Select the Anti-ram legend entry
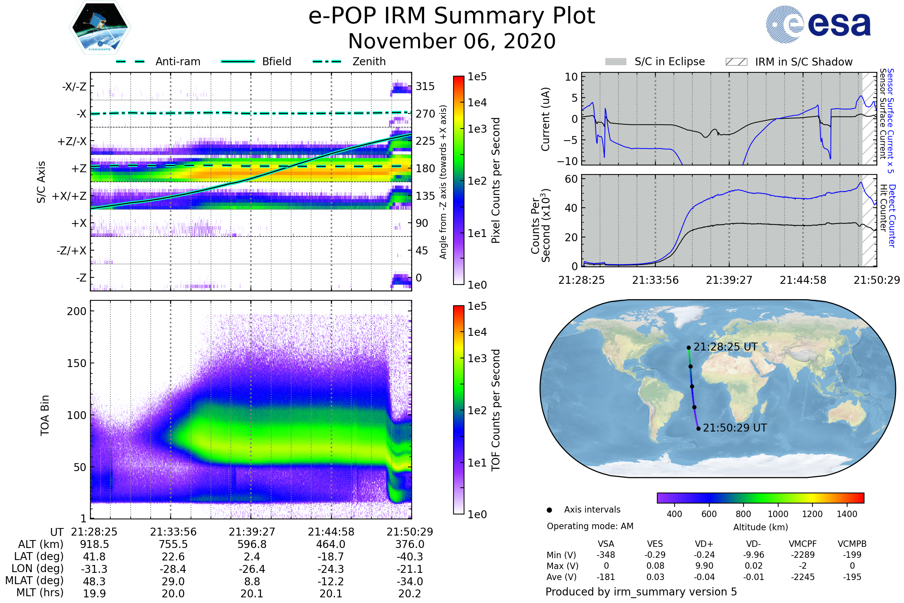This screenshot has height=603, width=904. (x=158, y=61)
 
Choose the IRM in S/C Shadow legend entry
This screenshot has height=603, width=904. (x=789, y=62)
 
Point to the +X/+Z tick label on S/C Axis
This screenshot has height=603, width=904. (x=69, y=196)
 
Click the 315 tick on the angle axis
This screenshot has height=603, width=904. (x=425, y=86)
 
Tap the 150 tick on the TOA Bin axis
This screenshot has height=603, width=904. (x=76, y=363)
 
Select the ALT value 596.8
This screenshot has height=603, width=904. (x=252, y=545)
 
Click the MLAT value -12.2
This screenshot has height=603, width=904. (x=331, y=582)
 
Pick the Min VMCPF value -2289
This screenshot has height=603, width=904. (x=803, y=555)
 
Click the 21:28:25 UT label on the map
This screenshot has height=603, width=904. (x=725, y=347)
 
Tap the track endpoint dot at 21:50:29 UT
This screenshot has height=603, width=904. (x=698, y=429)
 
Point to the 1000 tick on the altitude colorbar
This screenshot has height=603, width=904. (x=777, y=514)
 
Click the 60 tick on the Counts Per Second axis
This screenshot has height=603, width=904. (x=571, y=179)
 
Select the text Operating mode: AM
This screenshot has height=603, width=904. (x=590, y=526)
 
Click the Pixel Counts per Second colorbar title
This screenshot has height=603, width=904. (x=496, y=181)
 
